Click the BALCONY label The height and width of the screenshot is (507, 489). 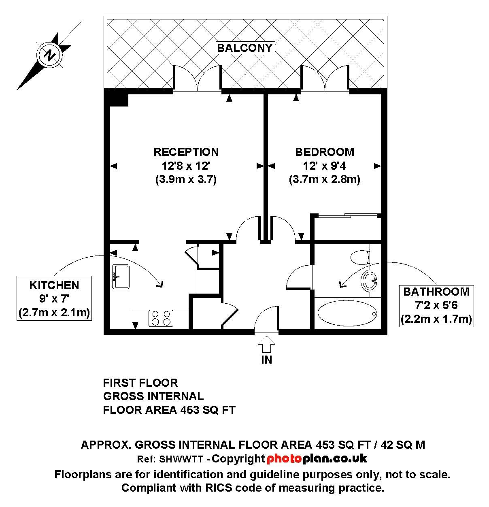pyautogui.click(x=245, y=48)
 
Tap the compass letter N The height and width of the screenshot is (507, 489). pyautogui.click(x=49, y=55)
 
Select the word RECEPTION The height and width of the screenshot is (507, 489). pyautogui.click(x=186, y=152)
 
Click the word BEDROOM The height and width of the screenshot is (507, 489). pyautogui.click(x=324, y=152)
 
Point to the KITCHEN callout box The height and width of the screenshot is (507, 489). pyautogui.click(x=54, y=298)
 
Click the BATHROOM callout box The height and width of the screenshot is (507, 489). pyautogui.click(x=436, y=305)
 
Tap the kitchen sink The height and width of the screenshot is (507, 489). pyautogui.click(x=121, y=277)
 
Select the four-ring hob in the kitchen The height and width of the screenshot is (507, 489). pyautogui.click(x=161, y=317)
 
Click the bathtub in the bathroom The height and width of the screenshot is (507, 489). pyautogui.click(x=347, y=313)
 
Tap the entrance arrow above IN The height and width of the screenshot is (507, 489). pyautogui.click(x=267, y=345)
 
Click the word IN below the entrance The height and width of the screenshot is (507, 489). pyautogui.click(x=267, y=360)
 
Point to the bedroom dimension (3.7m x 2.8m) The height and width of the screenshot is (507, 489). pyautogui.click(x=324, y=179)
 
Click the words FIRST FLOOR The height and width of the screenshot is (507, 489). pyautogui.click(x=140, y=383)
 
